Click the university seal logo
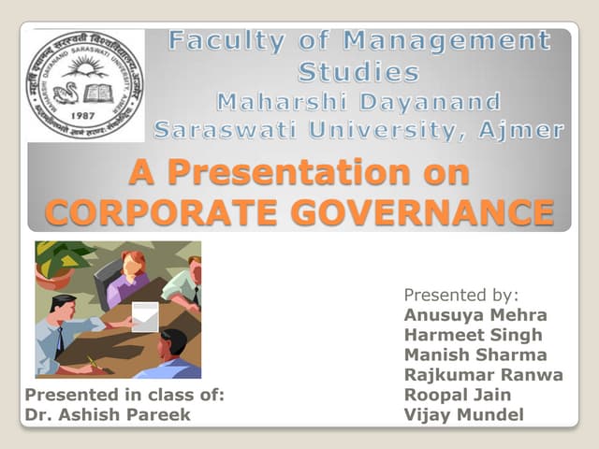click(x=85, y=85)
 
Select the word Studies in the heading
click(x=358, y=71)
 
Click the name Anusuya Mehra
click(x=475, y=314)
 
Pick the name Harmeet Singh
click(x=473, y=335)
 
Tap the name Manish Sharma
click(x=475, y=355)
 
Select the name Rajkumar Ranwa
click(x=483, y=375)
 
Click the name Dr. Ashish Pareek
click(x=107, y=415)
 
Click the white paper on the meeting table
click(x=146, y=316)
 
